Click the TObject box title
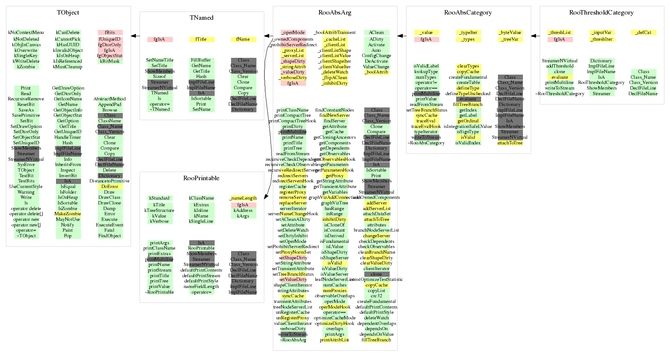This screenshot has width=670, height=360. click(x=68, y=13)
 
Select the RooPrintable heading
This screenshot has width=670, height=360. click(x=201, y=178)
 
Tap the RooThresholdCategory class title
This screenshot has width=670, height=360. click(x=601, y=13)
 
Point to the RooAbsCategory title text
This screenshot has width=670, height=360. click(x=468, y=13)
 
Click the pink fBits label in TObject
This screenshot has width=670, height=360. click(x=110, y=33)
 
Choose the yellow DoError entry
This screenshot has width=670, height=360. click(x=110, y=187)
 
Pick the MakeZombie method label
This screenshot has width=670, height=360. click(x=68, y=214)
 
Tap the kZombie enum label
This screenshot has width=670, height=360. click(x=26, y=67)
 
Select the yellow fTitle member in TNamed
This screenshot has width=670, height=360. click(x=201, y=40)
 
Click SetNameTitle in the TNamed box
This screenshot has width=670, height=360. click(x=160, y=60)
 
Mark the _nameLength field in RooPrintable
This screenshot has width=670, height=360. click(x=243, y=198)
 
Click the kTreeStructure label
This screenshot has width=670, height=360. click(x=159, y=210)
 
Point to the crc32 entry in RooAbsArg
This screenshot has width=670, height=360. click(x=376, y=296)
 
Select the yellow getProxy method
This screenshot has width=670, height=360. click(x=334, y=176)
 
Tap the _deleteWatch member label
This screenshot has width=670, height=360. click(x=334, y=72)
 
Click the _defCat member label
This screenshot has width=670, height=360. click(x=643, y=33)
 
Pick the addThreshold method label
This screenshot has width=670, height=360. click(x=560, y=66)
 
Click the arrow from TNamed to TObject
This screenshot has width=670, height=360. click(x=135, y=36)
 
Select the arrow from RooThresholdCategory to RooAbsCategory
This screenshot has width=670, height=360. click(x=535, y=36)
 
